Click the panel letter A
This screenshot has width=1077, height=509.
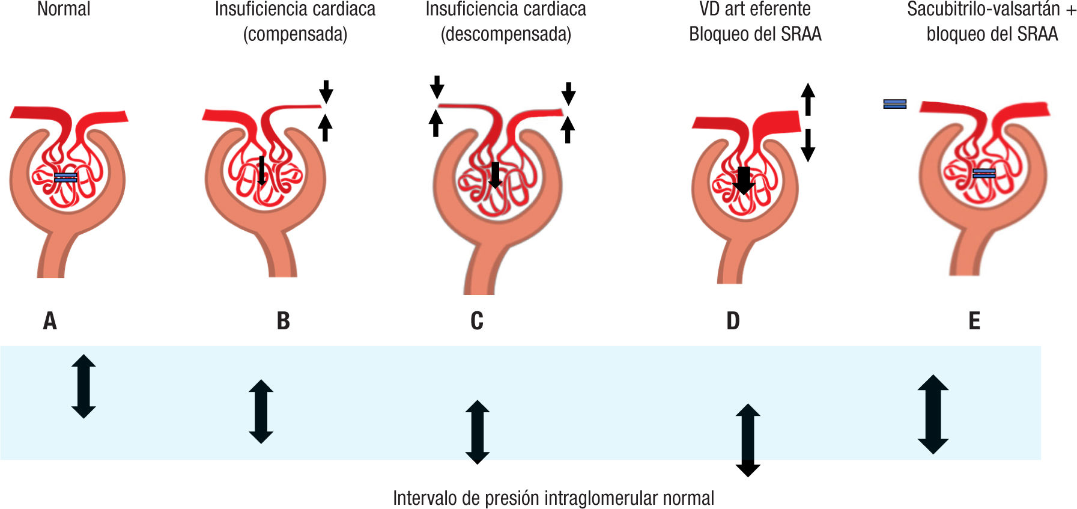click(50, 321)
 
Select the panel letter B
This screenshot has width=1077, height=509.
click(283, 321)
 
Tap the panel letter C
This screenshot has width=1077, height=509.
click(477, 321)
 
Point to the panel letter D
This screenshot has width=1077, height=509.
click(733, 321)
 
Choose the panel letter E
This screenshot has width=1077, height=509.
click(974, 321)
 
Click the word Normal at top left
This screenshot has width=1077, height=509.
click(64, 9)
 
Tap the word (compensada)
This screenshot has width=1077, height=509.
click(295, 34)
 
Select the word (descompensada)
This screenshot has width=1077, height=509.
click(506, 34)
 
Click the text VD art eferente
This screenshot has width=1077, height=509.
click(755, 9)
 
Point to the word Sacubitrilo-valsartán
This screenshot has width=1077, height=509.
click(983, 9)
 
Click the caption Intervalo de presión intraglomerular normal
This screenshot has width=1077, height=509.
click(553, 498)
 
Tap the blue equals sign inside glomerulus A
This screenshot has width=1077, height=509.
click(66, 177)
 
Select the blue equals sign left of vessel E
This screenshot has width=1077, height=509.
click(894, 104)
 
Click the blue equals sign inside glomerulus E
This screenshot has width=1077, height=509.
click(984, 174)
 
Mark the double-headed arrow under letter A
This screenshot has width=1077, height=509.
click(83, 386)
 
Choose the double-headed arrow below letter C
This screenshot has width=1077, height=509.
click(478, 432)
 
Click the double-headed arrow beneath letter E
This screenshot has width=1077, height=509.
click(933, 414)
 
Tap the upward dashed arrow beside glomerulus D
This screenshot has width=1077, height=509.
click(808, 99)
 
